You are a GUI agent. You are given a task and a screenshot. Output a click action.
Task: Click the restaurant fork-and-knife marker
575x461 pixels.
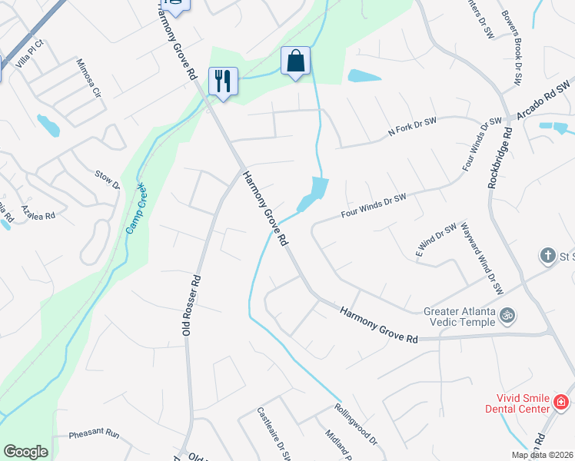[x=223, y=80]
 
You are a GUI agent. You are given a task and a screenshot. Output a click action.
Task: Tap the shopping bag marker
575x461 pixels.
[x=295, y=60]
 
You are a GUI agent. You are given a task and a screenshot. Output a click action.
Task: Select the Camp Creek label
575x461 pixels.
[x=136, y=212]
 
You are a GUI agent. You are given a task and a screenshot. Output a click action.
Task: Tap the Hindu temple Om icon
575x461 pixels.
[x=507, y=314]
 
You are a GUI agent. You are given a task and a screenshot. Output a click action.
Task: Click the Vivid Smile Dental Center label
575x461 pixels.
[x=518, y=403]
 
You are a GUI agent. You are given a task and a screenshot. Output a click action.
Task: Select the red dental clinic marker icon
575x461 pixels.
[x=560, y=402]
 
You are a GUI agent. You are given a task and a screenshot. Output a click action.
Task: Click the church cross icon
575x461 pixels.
[x=547, y=254]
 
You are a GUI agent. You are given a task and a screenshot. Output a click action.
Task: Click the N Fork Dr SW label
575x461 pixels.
[x=412, y=131]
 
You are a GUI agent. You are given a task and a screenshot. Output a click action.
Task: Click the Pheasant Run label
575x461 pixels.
[x=94, y=434]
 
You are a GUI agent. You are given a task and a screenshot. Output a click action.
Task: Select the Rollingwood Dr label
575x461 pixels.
[x=356, y=424]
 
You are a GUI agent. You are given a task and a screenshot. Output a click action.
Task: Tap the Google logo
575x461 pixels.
[x=25, y=452]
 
